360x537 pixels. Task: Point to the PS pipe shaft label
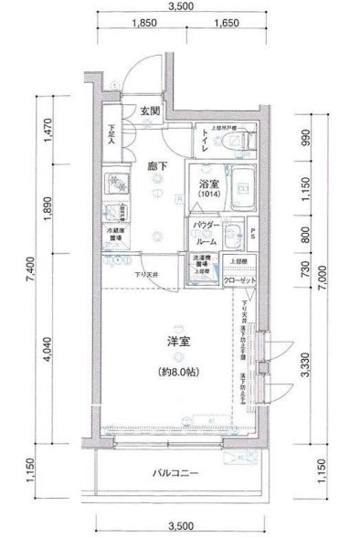pos(255,232)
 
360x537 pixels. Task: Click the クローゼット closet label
pos(240,280)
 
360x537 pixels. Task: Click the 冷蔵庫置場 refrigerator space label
pos(115,234)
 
